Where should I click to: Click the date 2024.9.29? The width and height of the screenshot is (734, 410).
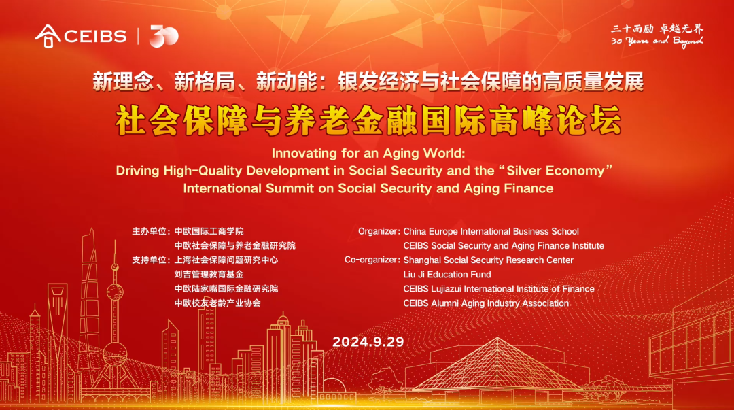click(x=368, y=341)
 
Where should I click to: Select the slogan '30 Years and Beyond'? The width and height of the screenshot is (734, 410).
click(x=657, y=41)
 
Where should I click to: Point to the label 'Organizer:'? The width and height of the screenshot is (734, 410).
click(x=379, y=232)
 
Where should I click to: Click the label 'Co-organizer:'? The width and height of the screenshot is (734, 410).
click(x=372, y=260)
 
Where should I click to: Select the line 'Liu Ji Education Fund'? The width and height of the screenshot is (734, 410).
click(x=447, y=275)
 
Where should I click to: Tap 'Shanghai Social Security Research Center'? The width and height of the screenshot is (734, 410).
click(x=488, y=260)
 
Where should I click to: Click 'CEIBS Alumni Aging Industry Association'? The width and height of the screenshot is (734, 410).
click(x=485, y=303)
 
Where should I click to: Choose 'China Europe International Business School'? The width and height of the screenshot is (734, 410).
click(x=491, y=232)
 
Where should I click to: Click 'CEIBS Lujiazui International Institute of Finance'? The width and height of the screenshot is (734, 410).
click(x=498, y=289)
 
